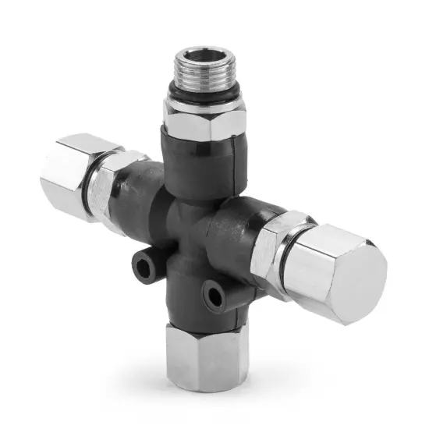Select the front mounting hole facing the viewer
(x=213, y=295)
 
